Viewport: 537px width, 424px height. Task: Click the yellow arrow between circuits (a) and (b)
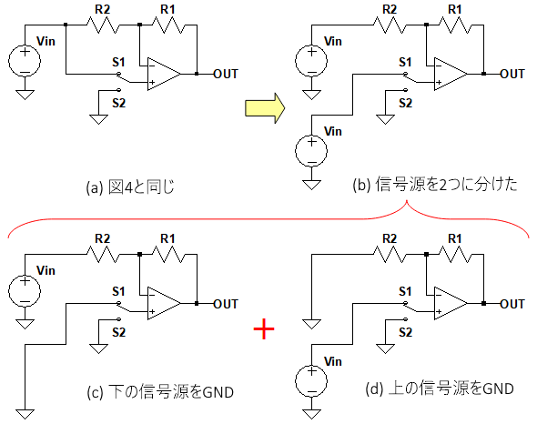click(265, 108)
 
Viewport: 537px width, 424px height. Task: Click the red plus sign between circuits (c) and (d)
click(264, 328)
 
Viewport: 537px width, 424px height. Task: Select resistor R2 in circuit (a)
click(103, 25)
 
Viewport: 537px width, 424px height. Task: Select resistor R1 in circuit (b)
click(455, 25)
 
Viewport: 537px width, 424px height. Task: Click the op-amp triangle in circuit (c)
click(164, 304)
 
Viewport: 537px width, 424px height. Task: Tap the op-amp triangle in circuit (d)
click(451, 304)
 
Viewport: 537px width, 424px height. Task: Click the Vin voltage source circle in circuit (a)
click(25, 61)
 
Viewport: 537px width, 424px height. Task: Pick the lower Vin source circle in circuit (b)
click(311, 151)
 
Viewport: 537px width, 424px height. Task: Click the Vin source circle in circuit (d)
click(311, 381)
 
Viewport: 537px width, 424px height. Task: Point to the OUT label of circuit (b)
click(512, 74)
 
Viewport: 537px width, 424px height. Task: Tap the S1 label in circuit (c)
click(118, 291)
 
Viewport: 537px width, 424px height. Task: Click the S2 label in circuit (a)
click(119, 103)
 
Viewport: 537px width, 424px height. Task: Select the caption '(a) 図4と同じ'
click(130, 187)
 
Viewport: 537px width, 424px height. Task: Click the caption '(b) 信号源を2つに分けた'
click(435, 185)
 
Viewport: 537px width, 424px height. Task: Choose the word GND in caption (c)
click(218, 392)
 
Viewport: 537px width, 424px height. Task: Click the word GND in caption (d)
click(498, 389)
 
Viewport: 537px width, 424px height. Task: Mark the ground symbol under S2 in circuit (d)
click(385, 348)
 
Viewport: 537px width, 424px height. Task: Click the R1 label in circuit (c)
click(167, 238)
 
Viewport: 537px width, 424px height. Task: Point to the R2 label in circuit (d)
click(390, 238)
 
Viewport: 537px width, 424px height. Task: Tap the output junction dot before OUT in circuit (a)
click(197, 74)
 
